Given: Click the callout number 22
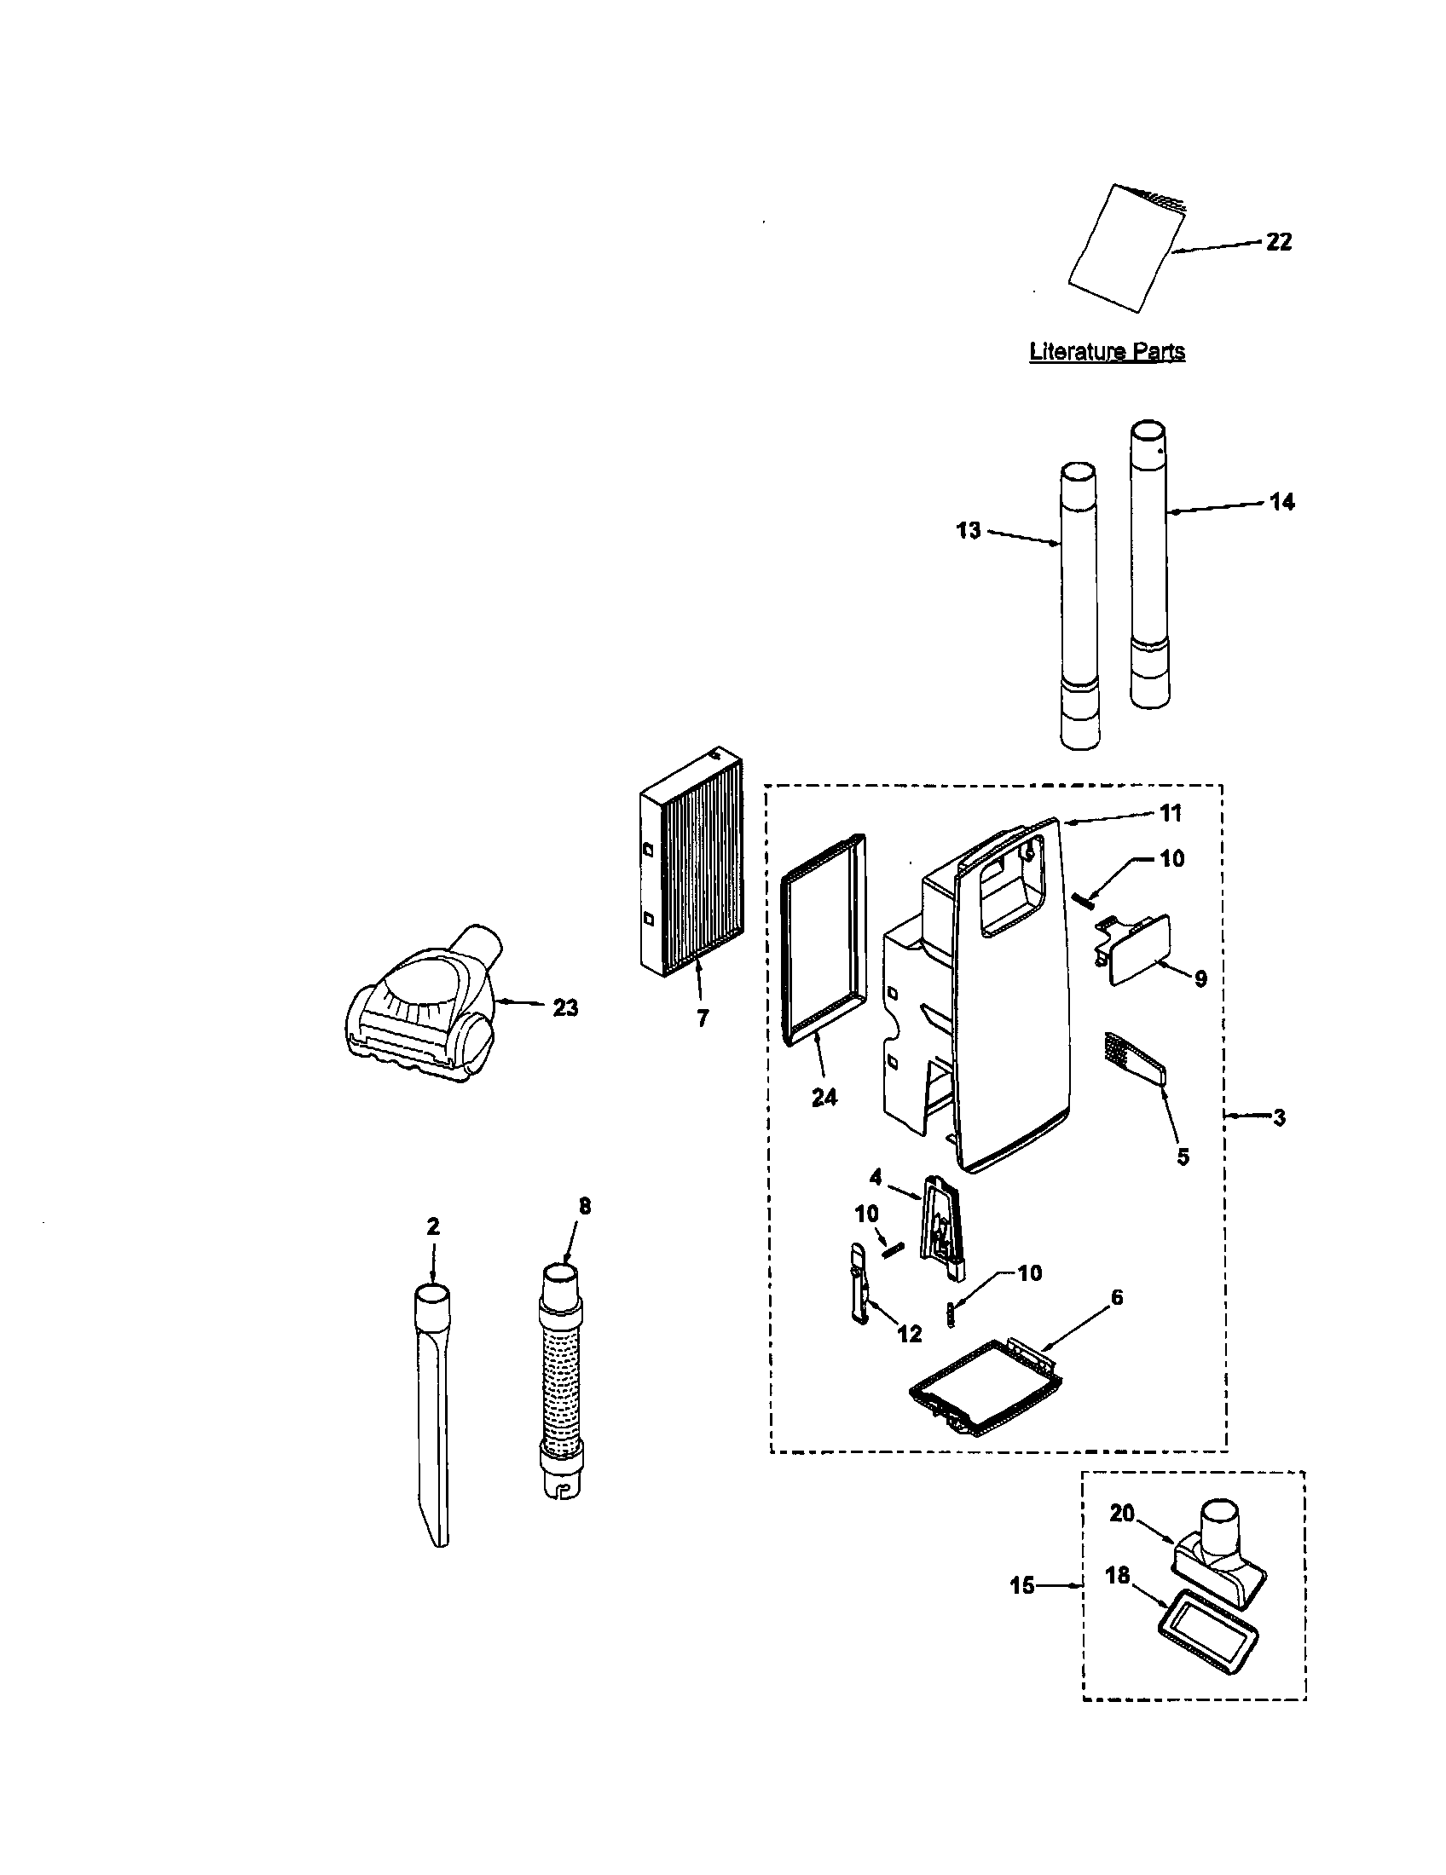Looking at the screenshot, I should pyautogui.click(x=1279, y=242).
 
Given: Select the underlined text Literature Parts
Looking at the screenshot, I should pyautogui.click(x=1107, y=351).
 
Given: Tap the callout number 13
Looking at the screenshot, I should pyautogui.click(x=969, y=531).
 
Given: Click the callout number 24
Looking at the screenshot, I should pyautogui.click(x=824, y=1096).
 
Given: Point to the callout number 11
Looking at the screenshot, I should pyautogui.click(x=1171, y=812).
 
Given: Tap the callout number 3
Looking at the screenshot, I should pyautogui.click(x=1279, y=1118).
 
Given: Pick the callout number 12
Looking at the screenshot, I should pyautogui.click(x=910, y=1333).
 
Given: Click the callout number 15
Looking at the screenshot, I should pyautogui.click(x=1021, y=1586).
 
